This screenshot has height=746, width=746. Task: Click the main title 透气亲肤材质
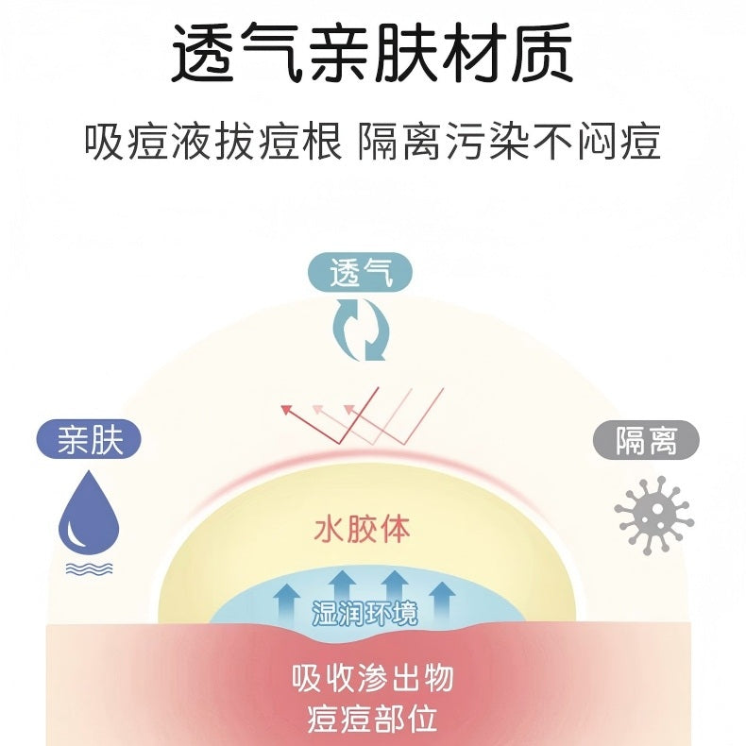372,52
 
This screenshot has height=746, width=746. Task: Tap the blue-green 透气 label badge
360,273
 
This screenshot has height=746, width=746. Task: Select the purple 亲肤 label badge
89,439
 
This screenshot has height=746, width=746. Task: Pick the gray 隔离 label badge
646,440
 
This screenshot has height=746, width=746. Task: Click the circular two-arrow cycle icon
360,330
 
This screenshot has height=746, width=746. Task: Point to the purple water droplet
89,513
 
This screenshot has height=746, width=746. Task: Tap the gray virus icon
653,516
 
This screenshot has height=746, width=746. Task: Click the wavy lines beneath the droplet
89,569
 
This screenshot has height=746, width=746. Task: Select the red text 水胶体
362,529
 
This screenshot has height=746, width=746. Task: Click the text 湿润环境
365,613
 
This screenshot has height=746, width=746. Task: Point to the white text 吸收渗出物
372,678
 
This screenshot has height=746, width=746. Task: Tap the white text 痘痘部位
372,719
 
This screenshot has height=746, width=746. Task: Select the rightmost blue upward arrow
443,600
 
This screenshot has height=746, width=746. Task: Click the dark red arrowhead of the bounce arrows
286,410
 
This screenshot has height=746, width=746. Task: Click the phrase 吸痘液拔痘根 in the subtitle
213,142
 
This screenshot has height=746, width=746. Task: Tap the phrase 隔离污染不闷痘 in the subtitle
509,142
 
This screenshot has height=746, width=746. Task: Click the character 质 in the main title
542,53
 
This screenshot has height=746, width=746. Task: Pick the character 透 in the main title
203,53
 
